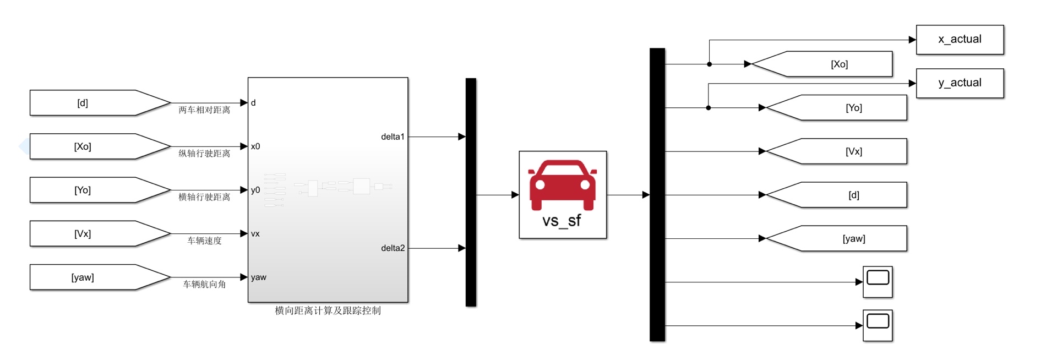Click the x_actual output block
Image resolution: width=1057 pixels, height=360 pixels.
[960, 40]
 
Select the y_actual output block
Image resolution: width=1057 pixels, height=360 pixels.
[960, 83]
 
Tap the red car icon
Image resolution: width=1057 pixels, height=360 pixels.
[562, 184]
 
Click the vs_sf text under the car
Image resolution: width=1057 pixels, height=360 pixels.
[562, 221]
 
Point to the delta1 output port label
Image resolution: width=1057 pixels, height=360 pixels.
[393, 137]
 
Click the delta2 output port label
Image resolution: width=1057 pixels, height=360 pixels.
[393, 248]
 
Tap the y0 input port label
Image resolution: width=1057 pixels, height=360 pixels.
[255, 190]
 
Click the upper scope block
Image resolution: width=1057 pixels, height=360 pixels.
[878, 282]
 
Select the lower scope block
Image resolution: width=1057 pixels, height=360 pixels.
[878, 325]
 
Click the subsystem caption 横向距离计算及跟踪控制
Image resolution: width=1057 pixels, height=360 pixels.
[328, 310]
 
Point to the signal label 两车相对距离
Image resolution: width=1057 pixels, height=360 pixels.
[204, 110]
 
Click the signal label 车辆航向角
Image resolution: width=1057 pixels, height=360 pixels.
[204, 285]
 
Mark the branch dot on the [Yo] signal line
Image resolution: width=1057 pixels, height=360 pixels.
[709, 108]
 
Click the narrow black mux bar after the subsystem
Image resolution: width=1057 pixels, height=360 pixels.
[471, 192]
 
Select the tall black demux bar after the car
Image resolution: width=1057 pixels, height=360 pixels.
[657, 195]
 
